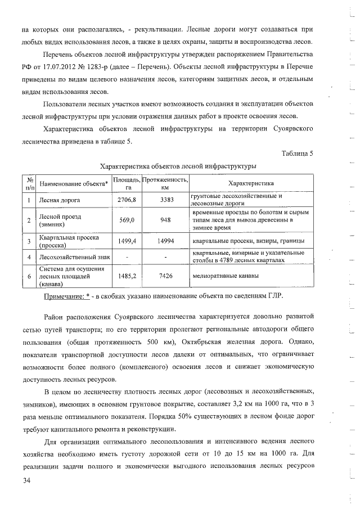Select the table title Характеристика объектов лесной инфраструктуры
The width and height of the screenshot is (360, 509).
coord(178,166)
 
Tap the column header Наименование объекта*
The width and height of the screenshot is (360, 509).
coord(74,183)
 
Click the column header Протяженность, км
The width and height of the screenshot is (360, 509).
coord(165,183)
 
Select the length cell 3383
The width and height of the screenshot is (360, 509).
coord(165,200)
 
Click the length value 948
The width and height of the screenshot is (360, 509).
coord(165,220)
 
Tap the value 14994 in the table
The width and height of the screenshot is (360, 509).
coord(165,241)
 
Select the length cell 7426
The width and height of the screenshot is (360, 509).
coord(165,277)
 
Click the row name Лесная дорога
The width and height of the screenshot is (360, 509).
coord(59,200)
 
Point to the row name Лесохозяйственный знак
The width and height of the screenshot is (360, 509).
coord(74,257)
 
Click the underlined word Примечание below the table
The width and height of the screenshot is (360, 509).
coord(63,295)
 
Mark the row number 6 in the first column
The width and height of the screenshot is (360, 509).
coord(29,277)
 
